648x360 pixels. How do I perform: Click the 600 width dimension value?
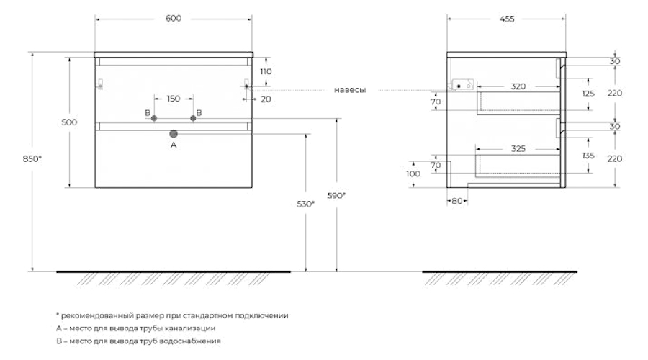173,18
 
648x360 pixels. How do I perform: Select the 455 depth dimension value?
507,19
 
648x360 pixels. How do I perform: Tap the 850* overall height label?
32,158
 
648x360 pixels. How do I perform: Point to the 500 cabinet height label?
69,122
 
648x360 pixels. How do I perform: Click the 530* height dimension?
306,204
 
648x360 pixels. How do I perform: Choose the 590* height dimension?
336,196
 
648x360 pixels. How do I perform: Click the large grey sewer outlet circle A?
174,134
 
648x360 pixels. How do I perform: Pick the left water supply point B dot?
154,118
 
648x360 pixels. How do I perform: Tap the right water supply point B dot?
193,118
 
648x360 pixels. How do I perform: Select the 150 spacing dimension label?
174,99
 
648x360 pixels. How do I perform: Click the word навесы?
350,90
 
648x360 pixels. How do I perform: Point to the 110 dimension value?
266,71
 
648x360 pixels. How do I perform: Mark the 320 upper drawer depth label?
518,86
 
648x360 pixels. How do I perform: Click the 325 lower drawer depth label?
518,149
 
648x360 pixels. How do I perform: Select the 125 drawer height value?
588,94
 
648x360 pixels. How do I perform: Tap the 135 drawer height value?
588,156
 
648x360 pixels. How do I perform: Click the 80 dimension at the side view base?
457,202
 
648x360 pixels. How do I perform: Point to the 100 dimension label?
413,174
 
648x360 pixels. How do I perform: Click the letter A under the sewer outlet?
174,145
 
